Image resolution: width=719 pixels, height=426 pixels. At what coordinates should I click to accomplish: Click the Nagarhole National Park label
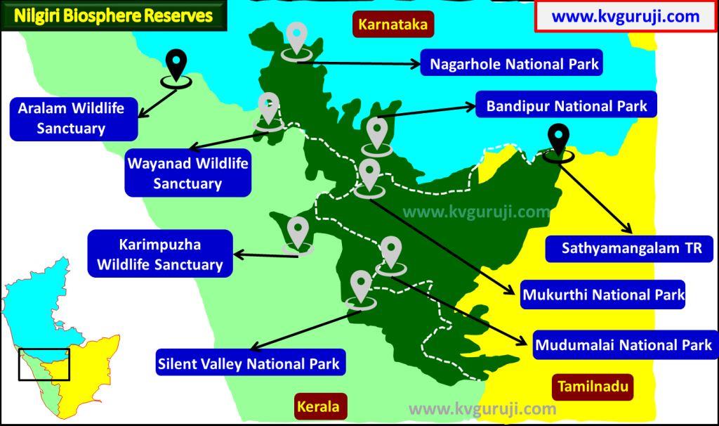514,64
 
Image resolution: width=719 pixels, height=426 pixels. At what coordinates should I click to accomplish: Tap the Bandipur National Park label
566,107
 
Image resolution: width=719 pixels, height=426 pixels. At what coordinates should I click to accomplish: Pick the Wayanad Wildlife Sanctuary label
187,174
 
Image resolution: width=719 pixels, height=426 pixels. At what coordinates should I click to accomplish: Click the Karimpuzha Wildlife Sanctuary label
159,254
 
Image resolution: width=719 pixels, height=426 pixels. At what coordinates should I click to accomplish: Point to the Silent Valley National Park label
249,363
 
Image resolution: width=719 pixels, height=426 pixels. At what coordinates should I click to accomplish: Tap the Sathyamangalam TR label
627,248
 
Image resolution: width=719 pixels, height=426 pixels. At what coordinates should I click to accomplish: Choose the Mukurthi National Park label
603,295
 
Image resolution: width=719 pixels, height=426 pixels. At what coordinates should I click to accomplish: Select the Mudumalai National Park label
624,345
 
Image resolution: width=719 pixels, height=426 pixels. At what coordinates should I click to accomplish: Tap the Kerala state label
317,406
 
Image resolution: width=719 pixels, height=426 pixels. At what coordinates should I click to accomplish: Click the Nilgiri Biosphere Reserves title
114,15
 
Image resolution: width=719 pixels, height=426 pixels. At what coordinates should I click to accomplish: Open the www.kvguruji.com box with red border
625,16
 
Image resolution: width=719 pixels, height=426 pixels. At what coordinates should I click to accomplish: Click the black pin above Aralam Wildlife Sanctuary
176,65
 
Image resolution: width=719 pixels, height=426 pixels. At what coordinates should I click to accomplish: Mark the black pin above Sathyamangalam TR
559,139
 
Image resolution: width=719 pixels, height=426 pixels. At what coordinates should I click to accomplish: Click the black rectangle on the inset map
44,364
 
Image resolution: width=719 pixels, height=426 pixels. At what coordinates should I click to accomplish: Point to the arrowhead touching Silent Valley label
254,347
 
